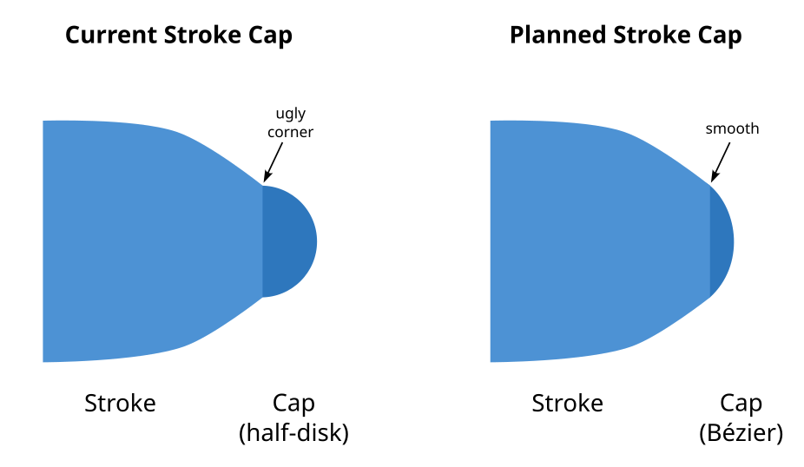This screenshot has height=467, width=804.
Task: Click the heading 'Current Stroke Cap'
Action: [x=179, y=36]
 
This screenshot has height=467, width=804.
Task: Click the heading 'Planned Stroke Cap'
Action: [x=625, y=36]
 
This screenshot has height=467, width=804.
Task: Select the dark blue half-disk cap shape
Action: [x=287, y=241]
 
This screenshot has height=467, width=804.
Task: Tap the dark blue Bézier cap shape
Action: [x=721, y=241]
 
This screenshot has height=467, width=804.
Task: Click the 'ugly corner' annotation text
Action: [x=290, y=122]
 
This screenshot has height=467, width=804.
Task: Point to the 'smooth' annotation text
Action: [x=732, y=128]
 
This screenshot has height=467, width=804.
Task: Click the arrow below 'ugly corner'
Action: [x=273, y=162]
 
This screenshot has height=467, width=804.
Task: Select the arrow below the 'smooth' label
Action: [x=721, y=162]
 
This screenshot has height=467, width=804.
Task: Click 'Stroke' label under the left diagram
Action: [x=120, y=404]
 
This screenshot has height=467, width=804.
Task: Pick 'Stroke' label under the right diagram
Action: [x=567, y=404]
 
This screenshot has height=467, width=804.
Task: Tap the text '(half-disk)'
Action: [x=293, y=433]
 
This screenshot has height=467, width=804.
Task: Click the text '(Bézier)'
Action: [x=741, y=433]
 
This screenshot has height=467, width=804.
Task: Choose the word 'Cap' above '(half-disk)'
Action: [x=293, y=404]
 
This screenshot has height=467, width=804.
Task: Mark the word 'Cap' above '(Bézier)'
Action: [x=741, y=404]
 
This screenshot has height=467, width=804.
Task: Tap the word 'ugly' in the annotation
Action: [x=291, y=114]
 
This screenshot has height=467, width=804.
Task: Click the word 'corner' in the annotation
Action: [x=290, y=132]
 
